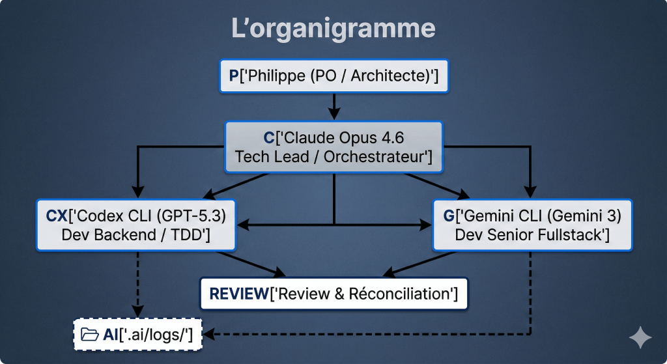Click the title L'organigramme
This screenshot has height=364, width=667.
point(333,29)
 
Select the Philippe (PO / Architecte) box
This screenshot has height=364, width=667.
point(333,76)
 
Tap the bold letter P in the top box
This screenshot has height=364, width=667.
point(234,76)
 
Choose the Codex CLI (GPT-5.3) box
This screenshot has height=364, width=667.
point(135,225)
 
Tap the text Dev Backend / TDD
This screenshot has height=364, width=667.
point(135,234)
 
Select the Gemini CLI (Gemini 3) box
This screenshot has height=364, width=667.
point(532,225)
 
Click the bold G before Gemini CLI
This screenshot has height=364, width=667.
point(449,216)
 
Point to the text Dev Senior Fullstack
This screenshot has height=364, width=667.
point(532,234)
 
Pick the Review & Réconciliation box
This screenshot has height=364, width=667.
point(333,294)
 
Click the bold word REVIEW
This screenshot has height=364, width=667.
point(239,294)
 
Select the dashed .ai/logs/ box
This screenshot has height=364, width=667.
point(137,335)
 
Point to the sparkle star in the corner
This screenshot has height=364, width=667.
point(640,337)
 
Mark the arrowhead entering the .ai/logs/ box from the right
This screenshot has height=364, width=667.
point(210,335)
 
